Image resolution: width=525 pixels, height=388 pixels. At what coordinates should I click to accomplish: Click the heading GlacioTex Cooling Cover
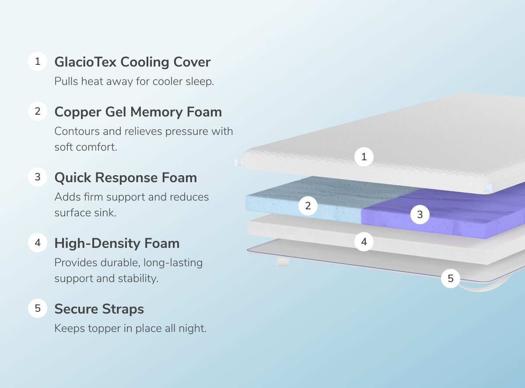(x=132, y=62)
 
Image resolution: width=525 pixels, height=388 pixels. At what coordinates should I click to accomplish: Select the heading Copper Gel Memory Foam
(x=138, y=112)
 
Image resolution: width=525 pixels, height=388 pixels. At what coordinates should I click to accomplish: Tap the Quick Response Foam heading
(x=126, y=178)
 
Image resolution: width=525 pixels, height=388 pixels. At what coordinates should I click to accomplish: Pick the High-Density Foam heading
(x=117, y=243)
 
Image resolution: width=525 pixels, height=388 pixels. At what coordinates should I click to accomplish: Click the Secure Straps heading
(x=99, y=309)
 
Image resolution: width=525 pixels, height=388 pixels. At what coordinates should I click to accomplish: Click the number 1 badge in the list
(x=38, y=62)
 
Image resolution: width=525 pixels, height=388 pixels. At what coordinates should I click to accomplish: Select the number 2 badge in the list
(x=38, y=112)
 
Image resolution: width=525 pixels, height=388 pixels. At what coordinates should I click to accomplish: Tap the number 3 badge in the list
(x=38, y=177)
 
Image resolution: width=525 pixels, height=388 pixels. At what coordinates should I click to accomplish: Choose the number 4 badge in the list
(x=38, y=243)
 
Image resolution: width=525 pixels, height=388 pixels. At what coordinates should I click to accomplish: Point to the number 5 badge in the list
(x=38, y=309)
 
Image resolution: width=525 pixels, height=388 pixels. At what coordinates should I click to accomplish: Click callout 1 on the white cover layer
(x=364, y=156)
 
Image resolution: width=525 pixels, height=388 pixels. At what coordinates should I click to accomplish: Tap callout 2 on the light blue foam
(x=308, y=206)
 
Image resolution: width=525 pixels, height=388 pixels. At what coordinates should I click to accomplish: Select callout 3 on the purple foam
(x=420, y=215)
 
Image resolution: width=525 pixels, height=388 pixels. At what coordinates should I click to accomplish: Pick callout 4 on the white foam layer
(x=364, y=241)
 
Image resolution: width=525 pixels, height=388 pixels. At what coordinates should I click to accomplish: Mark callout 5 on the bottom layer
(x=451, y=278)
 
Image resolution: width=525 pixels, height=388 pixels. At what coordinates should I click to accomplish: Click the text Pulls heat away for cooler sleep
(x=134, y=81)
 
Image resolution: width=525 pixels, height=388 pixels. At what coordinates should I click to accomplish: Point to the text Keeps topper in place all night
(x=130, y=328)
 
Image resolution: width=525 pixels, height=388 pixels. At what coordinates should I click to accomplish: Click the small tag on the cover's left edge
(x=238, y=162)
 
